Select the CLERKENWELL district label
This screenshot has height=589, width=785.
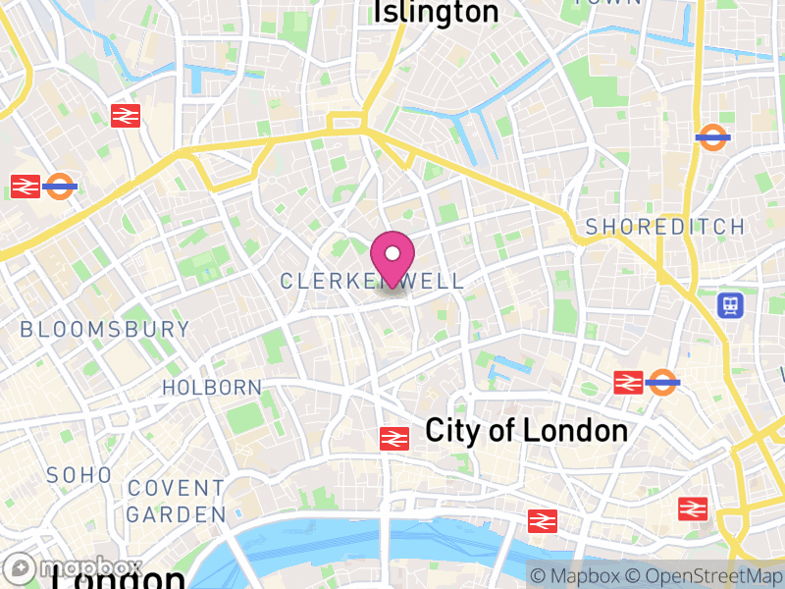(372, 282)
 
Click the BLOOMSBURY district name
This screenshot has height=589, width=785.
(105, 330)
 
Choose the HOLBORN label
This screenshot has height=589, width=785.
(212, 388)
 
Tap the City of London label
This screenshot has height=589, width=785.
(526, 431)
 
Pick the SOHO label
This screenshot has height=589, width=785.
(79, 475)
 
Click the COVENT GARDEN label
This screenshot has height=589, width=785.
(176, 501)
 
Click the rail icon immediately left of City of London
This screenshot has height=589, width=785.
(394, 439)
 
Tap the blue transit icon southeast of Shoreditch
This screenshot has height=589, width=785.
(731, 304)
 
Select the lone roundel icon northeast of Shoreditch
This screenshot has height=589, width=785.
(712, 137)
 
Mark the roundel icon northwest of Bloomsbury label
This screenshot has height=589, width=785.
(60, 186)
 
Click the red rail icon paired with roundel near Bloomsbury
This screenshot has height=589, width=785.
(26, 186)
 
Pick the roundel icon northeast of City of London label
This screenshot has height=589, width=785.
(663, 382)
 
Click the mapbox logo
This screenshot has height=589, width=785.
(73, 568)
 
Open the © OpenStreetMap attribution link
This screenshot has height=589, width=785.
(708, 576)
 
